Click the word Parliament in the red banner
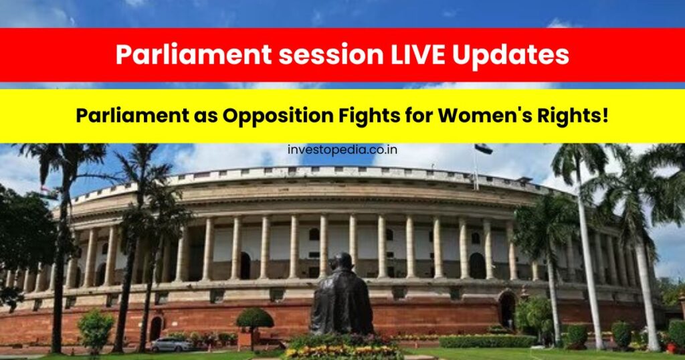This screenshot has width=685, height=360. tap(193, 55)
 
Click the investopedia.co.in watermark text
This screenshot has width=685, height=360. tap(342, 150)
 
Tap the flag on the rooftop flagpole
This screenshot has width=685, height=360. tap(483, 149)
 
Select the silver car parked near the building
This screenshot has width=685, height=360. tap(172, 345)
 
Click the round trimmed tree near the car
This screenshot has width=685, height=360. tap(255, 319)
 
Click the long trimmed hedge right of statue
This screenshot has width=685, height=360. tap(488, 341)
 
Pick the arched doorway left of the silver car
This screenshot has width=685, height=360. tap(155, 329)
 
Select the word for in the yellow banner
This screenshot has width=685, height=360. tap(419, 116)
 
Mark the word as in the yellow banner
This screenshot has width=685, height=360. tap(206, 118)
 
